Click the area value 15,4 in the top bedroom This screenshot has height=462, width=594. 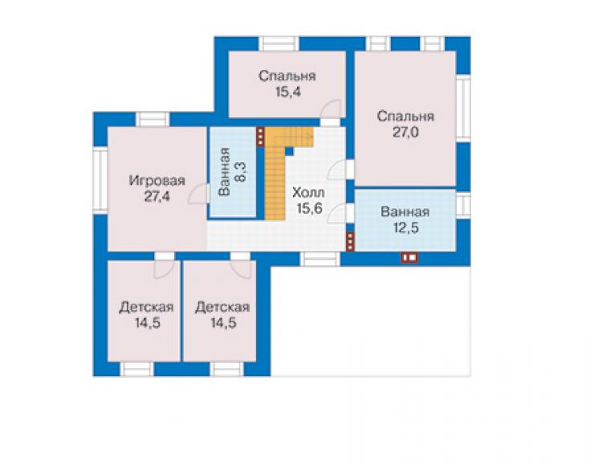288,92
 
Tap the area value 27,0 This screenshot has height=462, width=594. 405,133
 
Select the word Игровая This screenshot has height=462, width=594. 157,181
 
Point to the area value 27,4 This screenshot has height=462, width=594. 157,197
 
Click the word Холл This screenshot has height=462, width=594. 308,193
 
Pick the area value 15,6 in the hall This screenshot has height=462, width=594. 310,208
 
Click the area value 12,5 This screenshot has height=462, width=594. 405,228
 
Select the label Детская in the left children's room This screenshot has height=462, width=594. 146,307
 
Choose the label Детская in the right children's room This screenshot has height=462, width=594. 222,307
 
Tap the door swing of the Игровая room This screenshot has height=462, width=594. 198,194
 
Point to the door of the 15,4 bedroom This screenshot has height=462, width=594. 330,110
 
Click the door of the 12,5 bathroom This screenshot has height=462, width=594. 340,213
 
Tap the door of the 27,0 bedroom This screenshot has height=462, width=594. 340,170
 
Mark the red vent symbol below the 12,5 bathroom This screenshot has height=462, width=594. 409,258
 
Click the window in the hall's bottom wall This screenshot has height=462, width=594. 320,259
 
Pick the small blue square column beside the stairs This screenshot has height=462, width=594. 290,151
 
